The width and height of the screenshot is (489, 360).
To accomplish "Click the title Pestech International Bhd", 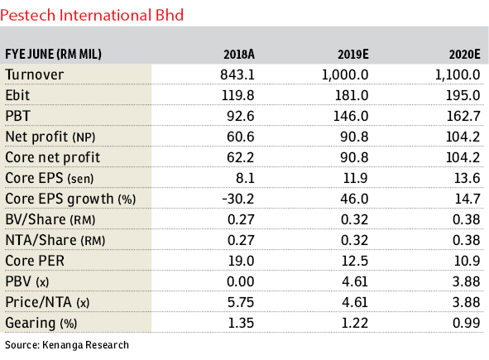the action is [92, 15].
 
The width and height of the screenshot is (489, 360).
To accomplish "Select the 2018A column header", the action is [239, 55].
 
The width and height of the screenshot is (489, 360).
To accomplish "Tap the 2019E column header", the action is [353, 55].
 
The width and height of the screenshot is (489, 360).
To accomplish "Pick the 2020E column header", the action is [465, 55].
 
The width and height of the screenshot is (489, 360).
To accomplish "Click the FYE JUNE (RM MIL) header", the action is [53, 55].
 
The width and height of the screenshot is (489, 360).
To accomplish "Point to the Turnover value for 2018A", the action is [237, 74].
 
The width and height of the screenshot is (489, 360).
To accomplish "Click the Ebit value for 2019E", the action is [352, 95].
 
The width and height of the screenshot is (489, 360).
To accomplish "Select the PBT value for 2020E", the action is [463, 116].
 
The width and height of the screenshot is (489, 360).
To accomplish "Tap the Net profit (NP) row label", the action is [50, 137].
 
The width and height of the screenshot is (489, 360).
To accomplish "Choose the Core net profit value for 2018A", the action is [241, 157].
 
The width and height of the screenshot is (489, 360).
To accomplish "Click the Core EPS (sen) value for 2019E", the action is [356, 178].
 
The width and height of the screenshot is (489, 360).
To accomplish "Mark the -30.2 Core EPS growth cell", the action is [238, 199].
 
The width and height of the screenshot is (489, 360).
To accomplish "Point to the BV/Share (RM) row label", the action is [50, 219].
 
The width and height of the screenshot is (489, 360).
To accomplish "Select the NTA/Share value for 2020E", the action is [466, 240].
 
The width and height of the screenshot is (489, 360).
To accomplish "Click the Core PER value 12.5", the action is [355, 261].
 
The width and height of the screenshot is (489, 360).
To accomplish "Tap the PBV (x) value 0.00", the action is [241, 281].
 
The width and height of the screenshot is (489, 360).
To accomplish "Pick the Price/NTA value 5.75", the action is [241, 302].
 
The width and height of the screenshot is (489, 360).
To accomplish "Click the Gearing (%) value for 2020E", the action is [466, 323].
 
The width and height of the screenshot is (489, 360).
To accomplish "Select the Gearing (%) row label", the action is [41, 324].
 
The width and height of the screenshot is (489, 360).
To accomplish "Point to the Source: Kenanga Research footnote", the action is [67, 345].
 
